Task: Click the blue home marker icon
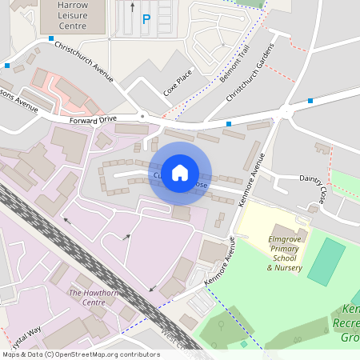(180, 172)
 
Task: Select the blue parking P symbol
(146, 20)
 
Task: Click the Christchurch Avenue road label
(84, 62)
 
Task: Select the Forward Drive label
(93, 119)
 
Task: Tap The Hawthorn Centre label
(87, 298)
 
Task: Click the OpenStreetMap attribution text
(81, 354)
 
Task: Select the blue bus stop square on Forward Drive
(229, 124)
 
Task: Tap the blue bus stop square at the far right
(310, 102)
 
